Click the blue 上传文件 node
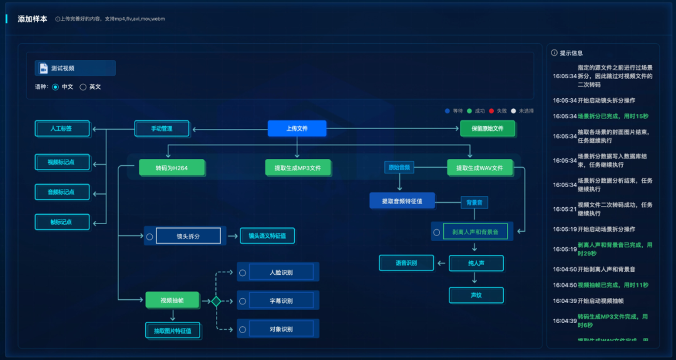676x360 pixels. pyautogui.click(x=297, y=128)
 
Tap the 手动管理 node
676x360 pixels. pyautogui.click(x=161, y=129)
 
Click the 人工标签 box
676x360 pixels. pyautogui.click(x=62, y=129)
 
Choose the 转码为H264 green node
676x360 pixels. pyautogui.click(x=172, y=168)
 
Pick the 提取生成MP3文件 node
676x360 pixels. pyautogui.click(x=298, y=168)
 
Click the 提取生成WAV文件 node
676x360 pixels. pyautogui.click(x=479, y=168)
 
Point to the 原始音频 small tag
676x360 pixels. pyautogui.click(x=399, y=167)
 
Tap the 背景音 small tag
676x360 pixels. pyautogui.click(x=474, y=202)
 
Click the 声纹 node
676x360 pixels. pyautogui.click(x=476, y=295)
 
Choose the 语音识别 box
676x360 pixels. pyautogui.click(x=406, y=263)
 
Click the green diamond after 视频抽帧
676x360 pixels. pyautogui.click(x=216, y=301)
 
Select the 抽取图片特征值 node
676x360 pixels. pyautogui.click(x=173, y=330)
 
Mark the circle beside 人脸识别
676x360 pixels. pyautogui.click(x=242, y=272)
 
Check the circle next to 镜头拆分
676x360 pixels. pyautogui.click(x=150, y=237)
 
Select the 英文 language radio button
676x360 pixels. pyautogui.click(x=83, y=87)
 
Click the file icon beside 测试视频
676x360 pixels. pyautogui.click(x=44, y=68)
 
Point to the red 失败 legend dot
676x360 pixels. pyautogui.click(x=492, y=111)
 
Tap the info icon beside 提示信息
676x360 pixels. pyautogui.click(x=554, y=53)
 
